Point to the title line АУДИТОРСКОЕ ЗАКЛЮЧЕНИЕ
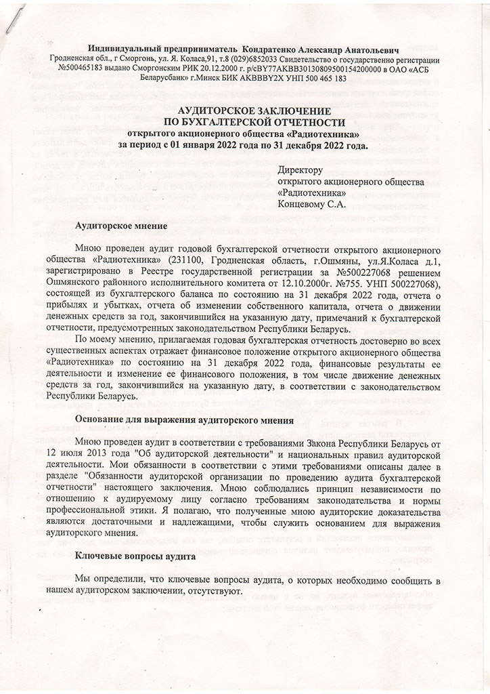pyautogui.click(x=244, y=110)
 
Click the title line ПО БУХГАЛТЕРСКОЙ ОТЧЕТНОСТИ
pyautogui.click(x=244, y=122)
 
